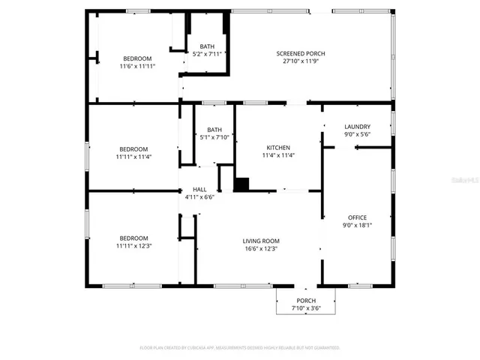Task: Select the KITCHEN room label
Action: point(278,148)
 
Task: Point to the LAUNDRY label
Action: point(357,127)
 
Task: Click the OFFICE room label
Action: point(357,217)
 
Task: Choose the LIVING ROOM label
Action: point(260,241)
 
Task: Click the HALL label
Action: point(199,189)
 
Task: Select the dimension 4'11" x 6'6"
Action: point(199,197)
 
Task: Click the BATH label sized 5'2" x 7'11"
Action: point(206,46)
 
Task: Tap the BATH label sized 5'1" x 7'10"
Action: point(214,129)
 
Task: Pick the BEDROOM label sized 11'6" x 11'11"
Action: point(137,58)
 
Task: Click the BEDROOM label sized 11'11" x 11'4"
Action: point(133,148)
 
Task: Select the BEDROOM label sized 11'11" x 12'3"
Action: point(133,238)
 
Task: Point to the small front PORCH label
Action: point(305,300)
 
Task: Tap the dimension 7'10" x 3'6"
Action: point(305,308)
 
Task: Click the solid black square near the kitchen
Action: point(241,184)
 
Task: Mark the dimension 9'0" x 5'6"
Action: point(357,135)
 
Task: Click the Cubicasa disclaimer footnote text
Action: point(240,348)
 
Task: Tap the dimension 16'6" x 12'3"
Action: point(260,249)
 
